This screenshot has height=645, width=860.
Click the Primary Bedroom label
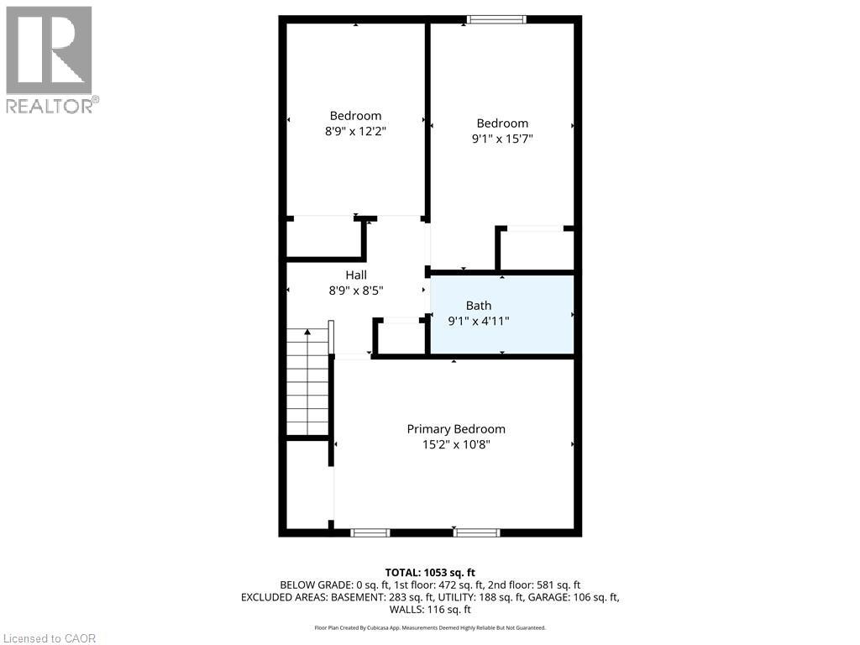[456, 429]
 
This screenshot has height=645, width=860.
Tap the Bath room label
[479, 306]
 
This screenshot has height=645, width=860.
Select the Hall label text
[356, 275]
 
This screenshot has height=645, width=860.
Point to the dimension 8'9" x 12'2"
[355, 131]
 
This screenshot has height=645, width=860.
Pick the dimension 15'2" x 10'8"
[456, 445]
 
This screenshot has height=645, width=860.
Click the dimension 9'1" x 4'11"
[479, 321]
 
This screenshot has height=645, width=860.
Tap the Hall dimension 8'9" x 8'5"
[356, 291]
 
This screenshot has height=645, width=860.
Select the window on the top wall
[496, 19]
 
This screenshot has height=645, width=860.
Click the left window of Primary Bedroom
[370, 532]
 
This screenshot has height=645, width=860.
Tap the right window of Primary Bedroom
[477, 532]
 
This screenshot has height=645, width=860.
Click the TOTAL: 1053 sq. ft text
[429, 572]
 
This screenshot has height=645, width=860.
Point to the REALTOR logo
[50, 59]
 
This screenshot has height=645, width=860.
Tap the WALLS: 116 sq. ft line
[429, 610]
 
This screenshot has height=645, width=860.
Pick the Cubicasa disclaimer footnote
[429, 627]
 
